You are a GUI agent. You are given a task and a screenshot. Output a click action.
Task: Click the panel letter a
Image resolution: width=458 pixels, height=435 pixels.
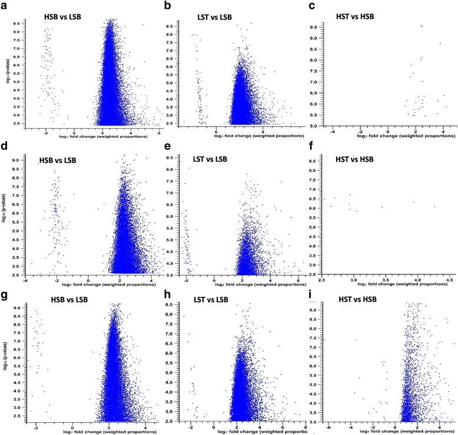6,6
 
